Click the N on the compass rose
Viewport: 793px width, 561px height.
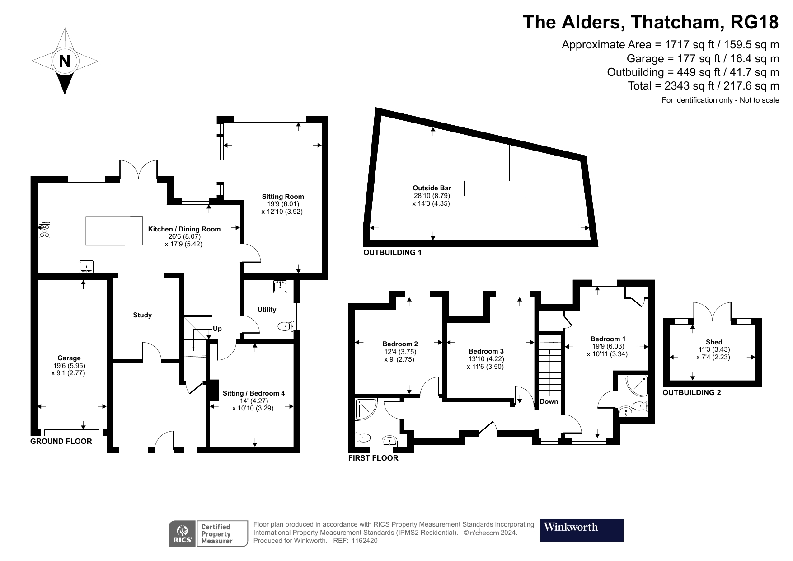(x=65, y=61)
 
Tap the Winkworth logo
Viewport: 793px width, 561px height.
(x=581, y=530)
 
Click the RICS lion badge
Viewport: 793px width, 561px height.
(x=183, y=534)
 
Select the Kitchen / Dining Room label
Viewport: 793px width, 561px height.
(x=184, y=229)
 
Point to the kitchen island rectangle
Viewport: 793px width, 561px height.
(x=114, y=231)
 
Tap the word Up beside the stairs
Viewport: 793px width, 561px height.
(x=217, y=329)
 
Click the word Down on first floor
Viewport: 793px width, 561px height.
(x=549, y=401)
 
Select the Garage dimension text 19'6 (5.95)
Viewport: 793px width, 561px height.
(x=69, y=366)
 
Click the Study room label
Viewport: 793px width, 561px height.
(x=142, y=315)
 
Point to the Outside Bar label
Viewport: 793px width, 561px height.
(x=432, y=188)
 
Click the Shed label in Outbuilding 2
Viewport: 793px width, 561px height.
(x=714, y=342)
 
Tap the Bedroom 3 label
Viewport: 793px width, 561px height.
(x=486, y=351)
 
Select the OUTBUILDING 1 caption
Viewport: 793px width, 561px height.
(x=392, y=253)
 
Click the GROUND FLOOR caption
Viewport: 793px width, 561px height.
(x=61, y=442)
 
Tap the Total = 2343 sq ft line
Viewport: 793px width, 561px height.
(x=703, y=86)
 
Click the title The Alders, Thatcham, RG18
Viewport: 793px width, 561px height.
(x=651, y=22)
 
